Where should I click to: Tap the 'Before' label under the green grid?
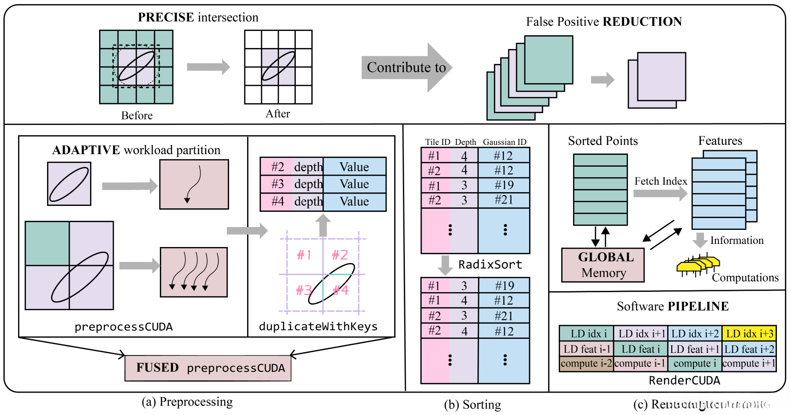pos(137,116)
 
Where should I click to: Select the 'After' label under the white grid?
pos(277,114)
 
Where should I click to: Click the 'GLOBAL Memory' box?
pos(603,265)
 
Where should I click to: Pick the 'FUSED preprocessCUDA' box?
pos(208,368)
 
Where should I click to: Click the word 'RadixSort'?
pos(490,265)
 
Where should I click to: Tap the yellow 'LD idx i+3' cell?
pos(749,334)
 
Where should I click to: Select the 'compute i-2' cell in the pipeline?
pos(586,364)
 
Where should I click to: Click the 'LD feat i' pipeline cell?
pos(641,349)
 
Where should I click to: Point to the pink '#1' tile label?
pos(304,255)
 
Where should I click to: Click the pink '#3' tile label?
pos(304,290)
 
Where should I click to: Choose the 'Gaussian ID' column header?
pos(505,142)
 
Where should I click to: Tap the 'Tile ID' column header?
pos(438,142)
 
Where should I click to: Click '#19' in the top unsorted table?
pos(504,185)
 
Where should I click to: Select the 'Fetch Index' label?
pos(661,181)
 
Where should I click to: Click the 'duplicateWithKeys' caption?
pos(318,326)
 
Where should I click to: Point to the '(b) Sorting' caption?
pos(472,405)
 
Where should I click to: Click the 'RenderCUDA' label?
pos(684,381)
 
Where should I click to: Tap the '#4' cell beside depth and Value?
pos(277,201)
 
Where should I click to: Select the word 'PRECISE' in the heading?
pos(166,17)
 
